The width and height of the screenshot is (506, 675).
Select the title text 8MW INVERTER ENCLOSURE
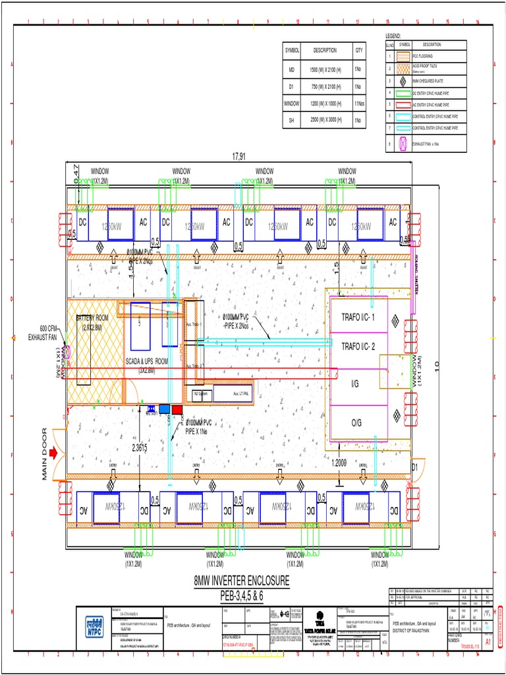click(x=241, y=581)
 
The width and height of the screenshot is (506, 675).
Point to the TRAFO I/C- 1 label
click(x=358, y=317)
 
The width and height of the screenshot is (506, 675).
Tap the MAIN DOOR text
click(x=45, y=454)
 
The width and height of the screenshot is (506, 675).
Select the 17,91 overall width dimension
click(x=239, y=156)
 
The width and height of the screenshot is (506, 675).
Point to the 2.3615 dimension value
click(x=140, y=448)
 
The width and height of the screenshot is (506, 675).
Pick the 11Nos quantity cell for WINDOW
click(x=358, y=103)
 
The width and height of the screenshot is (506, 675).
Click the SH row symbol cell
click(x=291, y=121)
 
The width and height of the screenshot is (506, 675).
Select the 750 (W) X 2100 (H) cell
click(x=325, y=86)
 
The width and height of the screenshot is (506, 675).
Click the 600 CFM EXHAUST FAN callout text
click(x=43, y=333)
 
